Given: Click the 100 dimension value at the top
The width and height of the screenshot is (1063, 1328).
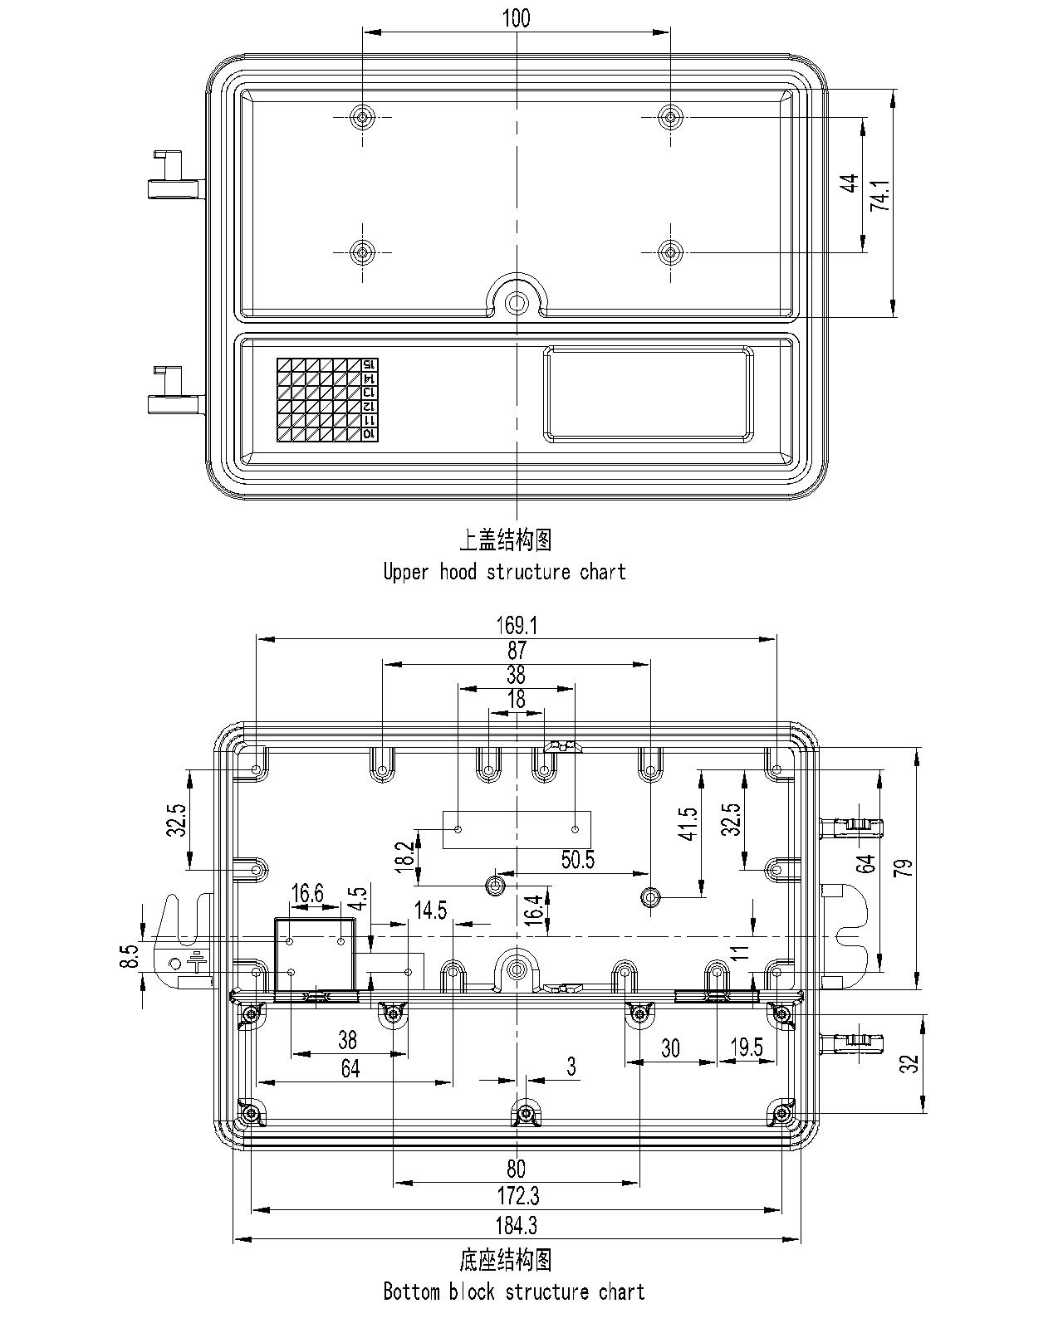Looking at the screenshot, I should [516, 18].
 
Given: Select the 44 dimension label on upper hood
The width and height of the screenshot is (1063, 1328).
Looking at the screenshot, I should [849, 183].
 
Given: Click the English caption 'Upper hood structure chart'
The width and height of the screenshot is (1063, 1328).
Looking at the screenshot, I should [504, 572].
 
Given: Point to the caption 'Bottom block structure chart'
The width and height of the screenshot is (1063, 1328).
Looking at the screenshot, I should [513, 1291].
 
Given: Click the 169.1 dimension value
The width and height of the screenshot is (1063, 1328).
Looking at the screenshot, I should [516, 625].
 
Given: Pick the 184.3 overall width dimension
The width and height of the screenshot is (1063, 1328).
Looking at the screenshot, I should [516, 1225].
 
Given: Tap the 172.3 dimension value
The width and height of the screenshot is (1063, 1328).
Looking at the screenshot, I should [516, 1196].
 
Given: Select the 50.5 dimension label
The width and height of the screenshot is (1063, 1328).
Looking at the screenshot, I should [577, 860].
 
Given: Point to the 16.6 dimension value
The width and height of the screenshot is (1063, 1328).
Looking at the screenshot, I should [306, 893].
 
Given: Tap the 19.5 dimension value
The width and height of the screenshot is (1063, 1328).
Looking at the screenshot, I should [746, 1047].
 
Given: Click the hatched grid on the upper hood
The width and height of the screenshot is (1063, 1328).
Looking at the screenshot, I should [319, 400].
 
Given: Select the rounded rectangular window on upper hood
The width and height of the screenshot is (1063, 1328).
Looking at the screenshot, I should [649, 393].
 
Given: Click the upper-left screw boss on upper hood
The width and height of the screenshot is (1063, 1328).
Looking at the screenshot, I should [362, 117].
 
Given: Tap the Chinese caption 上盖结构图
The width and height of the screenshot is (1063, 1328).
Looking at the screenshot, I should [505, 540].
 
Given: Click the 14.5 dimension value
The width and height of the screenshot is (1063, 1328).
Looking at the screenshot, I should [430, 911].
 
